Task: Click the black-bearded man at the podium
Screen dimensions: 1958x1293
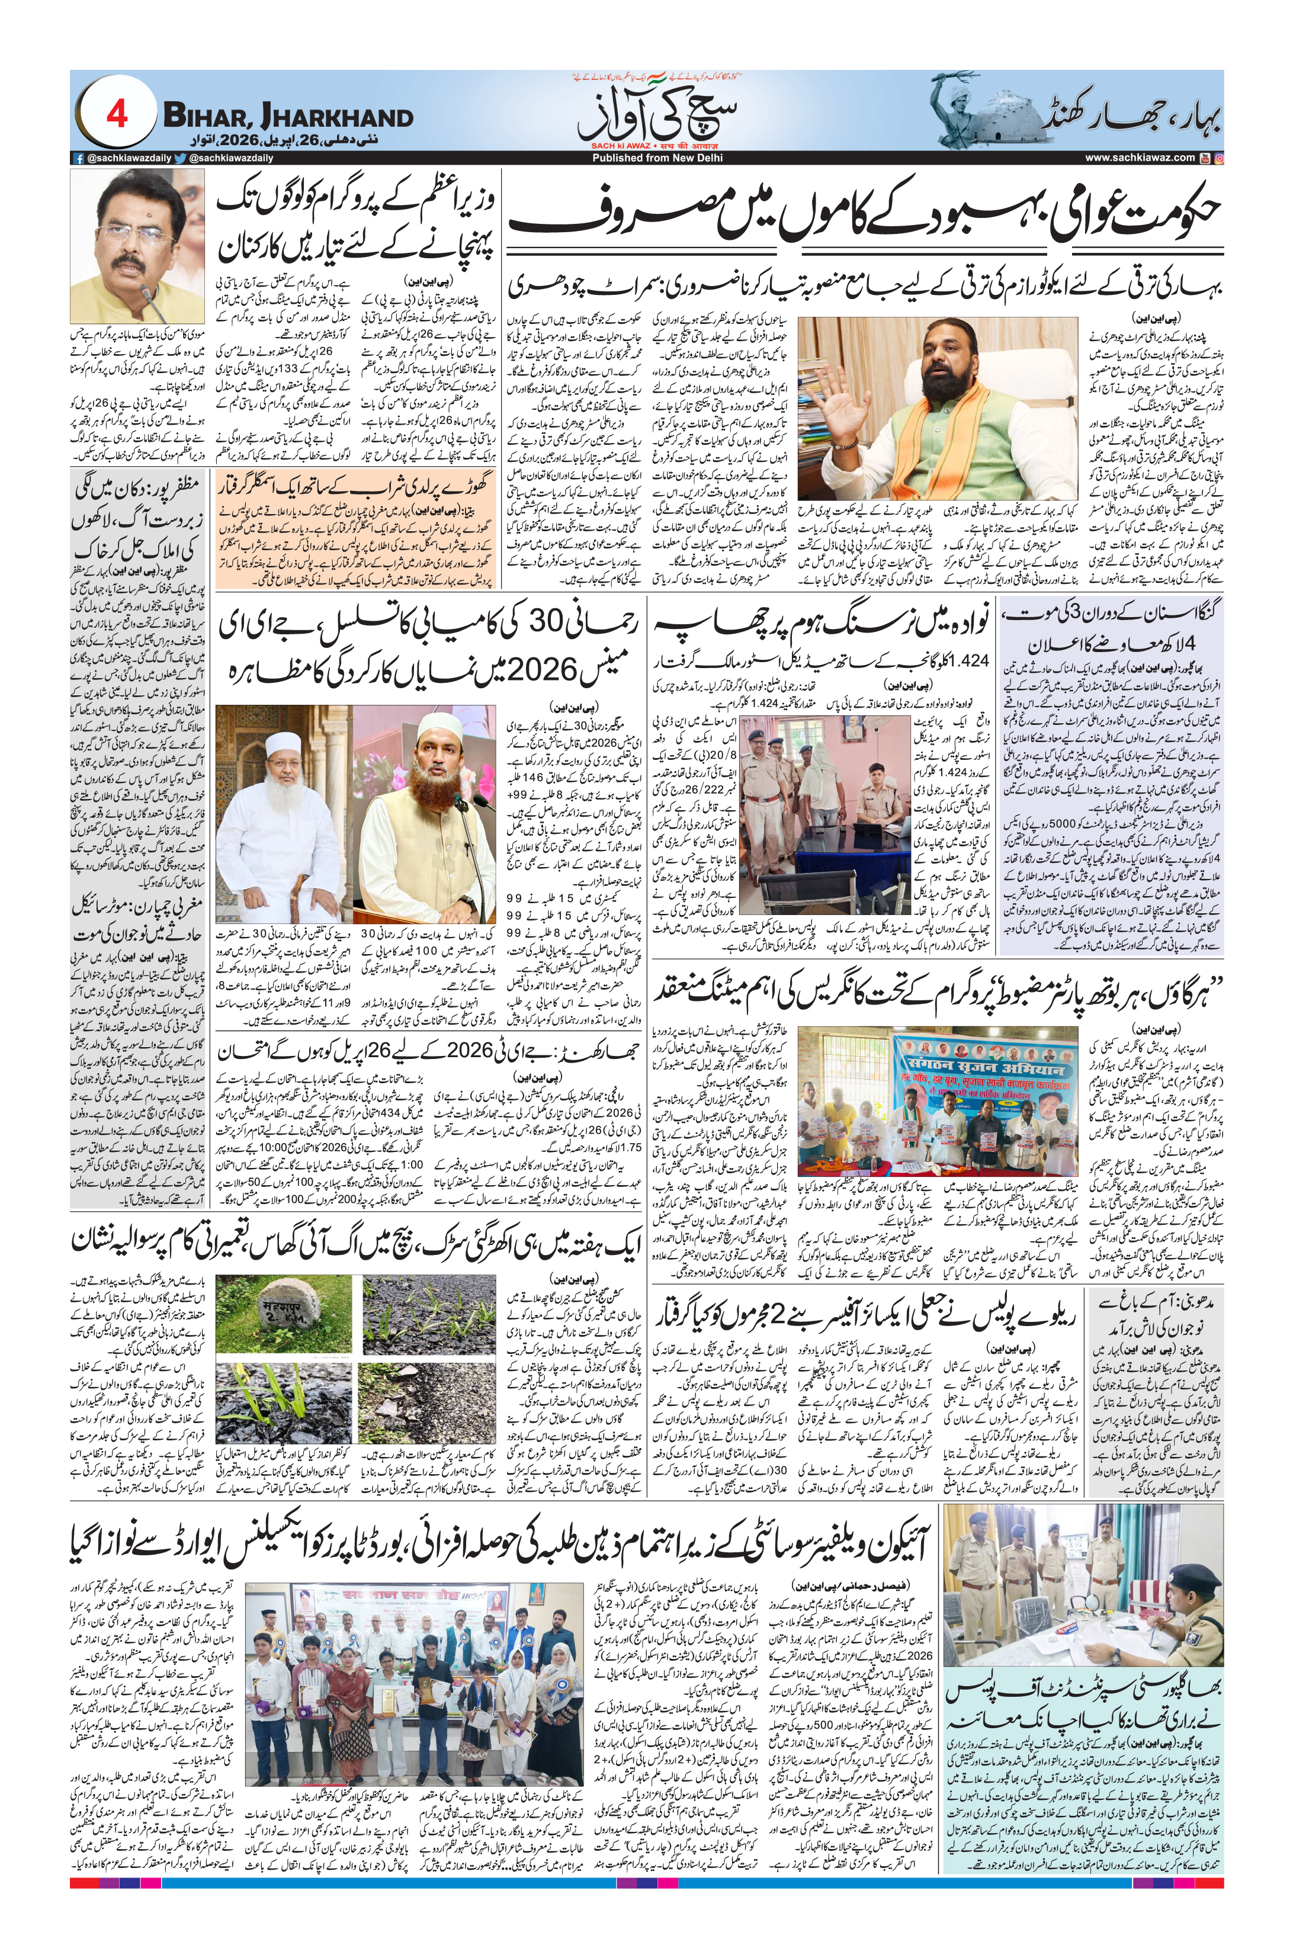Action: pos(429,791)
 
